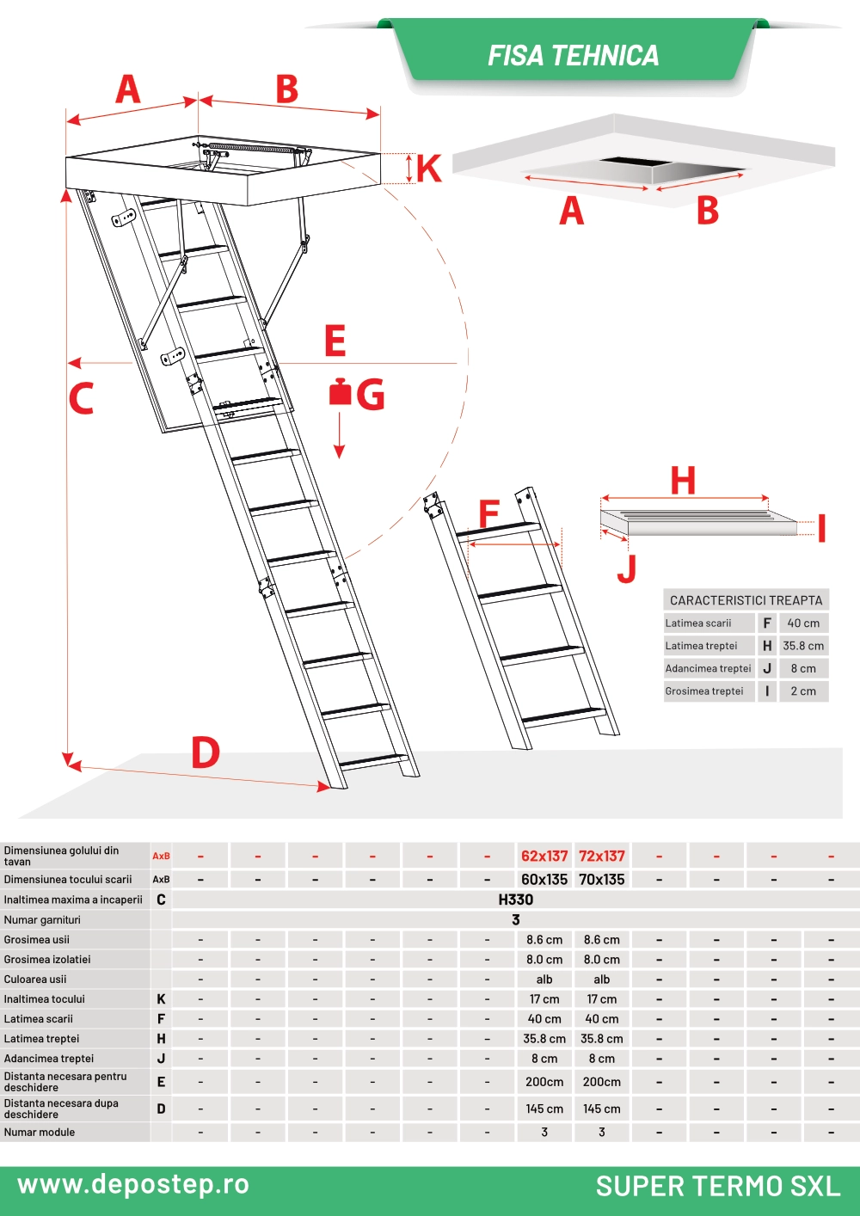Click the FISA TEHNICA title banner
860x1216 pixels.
coord(573,55)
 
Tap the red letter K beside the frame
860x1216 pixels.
coord(429,169)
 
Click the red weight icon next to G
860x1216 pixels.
coord(340,391)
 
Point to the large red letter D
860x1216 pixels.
coord(206,752)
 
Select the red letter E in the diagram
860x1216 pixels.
coord(335,341)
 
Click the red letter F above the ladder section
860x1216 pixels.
coord(489,513)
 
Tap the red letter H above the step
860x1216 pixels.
coord(683,480)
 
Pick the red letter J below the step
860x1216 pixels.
coord(627,568)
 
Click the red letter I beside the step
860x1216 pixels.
coord(821,528)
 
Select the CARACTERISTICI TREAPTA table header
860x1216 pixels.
coord(746,600)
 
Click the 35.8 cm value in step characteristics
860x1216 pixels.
coord(803,646)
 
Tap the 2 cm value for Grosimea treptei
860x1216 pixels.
coord(803,691)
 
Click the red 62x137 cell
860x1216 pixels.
coord(544,856)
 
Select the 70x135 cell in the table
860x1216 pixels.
coord(601,880)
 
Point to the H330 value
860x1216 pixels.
coord(516,900)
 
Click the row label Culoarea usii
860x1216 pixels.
coord(34,980)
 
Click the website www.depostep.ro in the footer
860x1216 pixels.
coord(133,1184)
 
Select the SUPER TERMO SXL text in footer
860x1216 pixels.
coord(718,1186)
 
